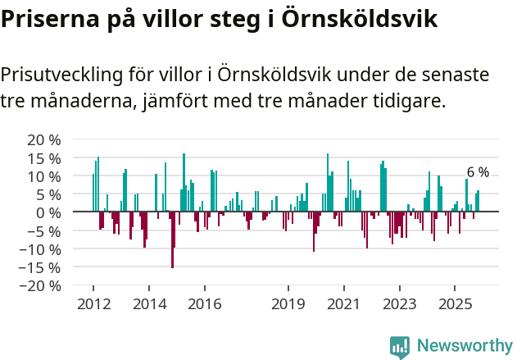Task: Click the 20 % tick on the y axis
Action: click(44, 139)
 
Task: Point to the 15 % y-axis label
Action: click(44, 157)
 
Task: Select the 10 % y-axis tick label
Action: click(44, 176)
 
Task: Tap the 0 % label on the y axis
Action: click(48, 212)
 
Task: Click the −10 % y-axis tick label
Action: click(41, 248)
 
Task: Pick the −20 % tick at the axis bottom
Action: click(41, 285)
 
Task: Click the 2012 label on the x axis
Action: click(93, 304)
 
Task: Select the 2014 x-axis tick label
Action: click(149, 304)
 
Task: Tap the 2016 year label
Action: click(205, 304)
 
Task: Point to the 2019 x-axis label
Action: click(288, 304)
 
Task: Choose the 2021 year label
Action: click(344, 304)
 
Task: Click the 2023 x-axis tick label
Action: click(400, 304)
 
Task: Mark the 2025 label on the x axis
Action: click(456, 304)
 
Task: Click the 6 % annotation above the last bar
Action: click(478, 172)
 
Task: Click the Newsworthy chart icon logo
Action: click(400, 346)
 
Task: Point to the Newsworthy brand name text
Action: click(464, 346)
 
